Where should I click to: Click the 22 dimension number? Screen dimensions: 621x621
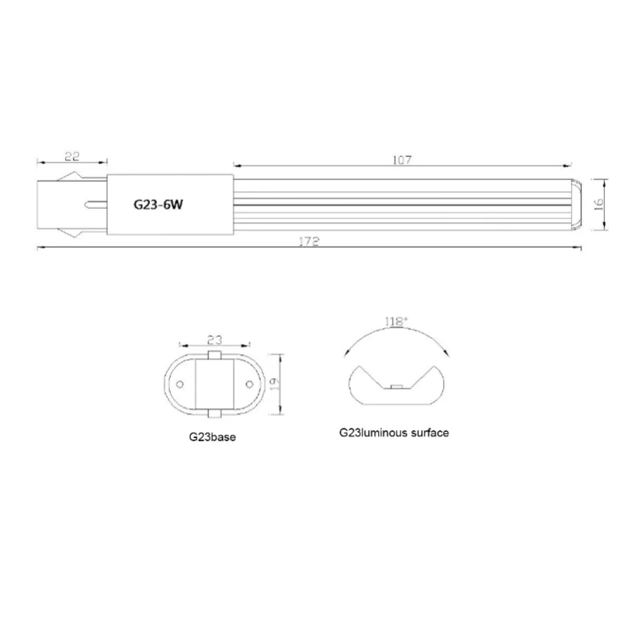point(71,156)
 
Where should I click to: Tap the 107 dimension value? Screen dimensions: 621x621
point(402,160)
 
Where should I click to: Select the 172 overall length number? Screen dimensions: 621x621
point(309,241)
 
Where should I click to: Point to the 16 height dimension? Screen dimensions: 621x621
point(598,203)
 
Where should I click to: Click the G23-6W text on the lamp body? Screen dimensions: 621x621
point(158,205)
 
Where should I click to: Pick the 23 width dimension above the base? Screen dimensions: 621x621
point(215,340)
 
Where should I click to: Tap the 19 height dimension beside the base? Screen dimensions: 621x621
point(274,384)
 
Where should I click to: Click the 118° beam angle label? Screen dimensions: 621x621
point(396,321)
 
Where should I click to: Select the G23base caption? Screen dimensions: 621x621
point(212,437)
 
